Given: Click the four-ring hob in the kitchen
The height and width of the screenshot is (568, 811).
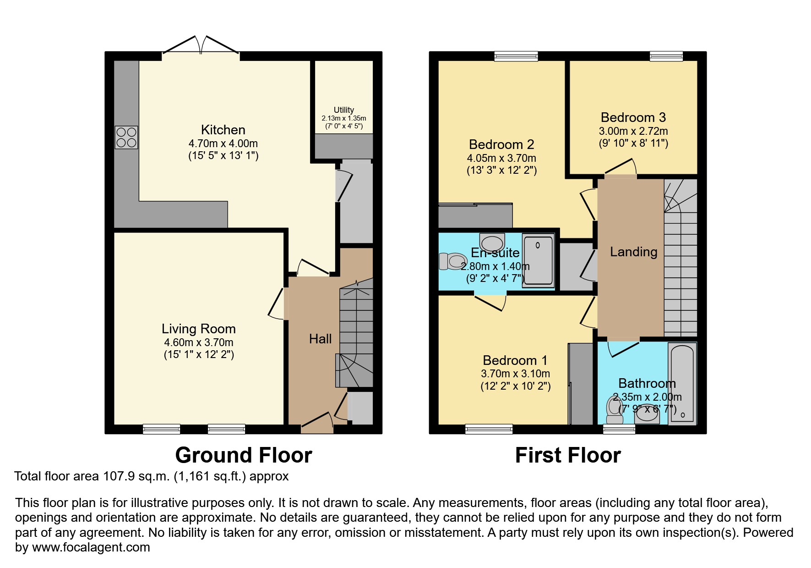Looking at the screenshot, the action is (126, 138).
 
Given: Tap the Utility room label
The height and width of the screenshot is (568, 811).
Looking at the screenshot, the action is (344, 110).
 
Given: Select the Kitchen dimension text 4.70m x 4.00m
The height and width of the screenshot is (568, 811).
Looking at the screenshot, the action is (223, 143).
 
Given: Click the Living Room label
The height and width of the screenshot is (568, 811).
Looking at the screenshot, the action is (199, 329).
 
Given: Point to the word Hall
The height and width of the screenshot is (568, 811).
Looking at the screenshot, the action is (321, 339).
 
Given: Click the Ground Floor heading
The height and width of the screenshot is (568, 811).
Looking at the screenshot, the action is (244, 455).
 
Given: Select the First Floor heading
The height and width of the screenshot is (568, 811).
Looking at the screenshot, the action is (568, 455).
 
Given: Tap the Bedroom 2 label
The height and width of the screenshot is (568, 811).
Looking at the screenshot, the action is (501, 144).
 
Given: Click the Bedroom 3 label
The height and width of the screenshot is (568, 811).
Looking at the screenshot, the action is (633, 117).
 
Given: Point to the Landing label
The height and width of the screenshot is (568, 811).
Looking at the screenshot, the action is (634, 252).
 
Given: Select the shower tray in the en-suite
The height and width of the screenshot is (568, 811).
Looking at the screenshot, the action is (539, 260).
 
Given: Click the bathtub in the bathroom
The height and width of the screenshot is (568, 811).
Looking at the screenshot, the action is (682, 384).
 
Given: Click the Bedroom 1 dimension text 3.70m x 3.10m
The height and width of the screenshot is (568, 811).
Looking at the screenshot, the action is (516, 374).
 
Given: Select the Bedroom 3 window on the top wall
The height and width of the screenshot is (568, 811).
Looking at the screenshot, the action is (666, 56).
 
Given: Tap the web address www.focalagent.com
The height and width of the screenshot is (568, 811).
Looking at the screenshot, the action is (91, 547).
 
